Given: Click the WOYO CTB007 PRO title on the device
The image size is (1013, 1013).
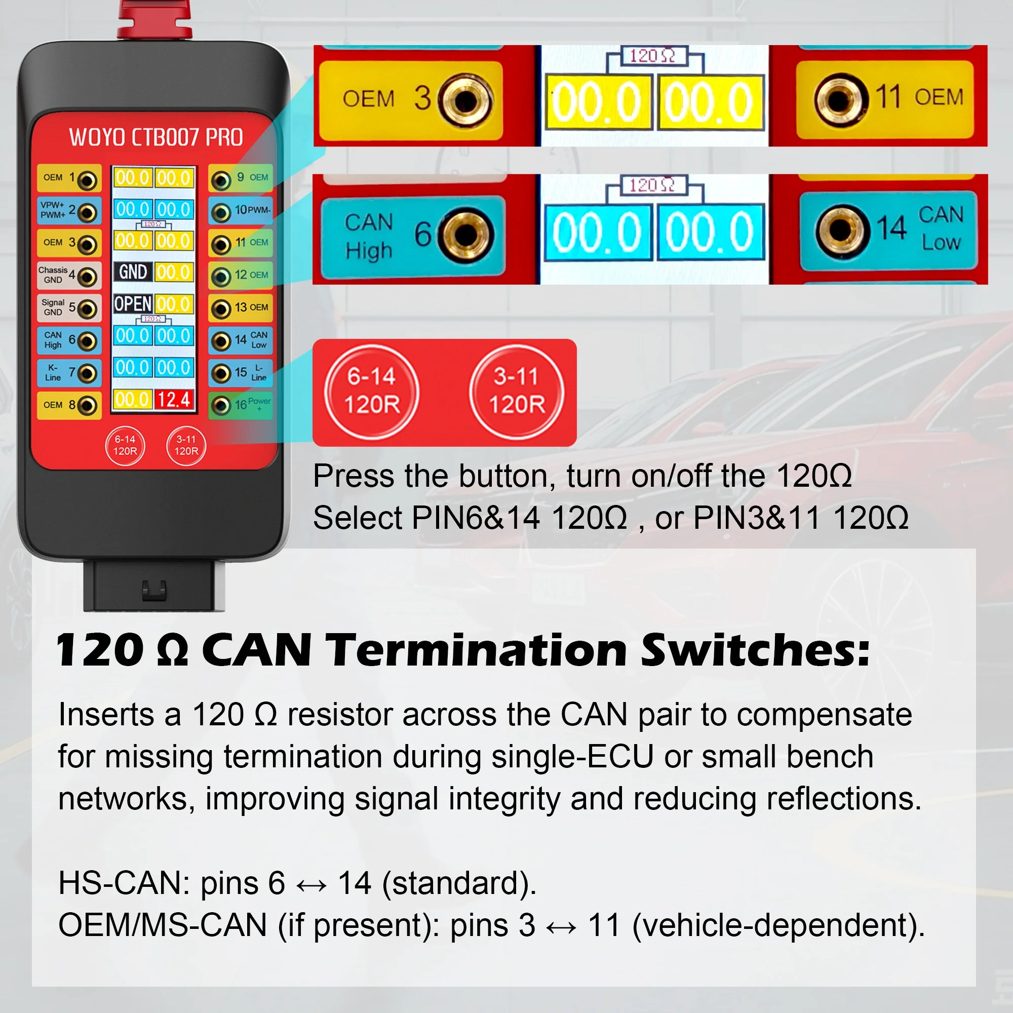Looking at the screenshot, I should click(155, 137).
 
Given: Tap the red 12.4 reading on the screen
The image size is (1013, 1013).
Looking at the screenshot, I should click(174, 400).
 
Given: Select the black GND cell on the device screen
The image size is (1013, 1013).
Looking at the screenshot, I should click(133, 272).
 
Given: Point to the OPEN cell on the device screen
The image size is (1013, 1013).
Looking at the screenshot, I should click(133, 303).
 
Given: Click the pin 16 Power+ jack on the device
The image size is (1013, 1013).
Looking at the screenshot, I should click(221, 405).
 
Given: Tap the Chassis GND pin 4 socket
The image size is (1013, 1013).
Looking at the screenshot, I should click(88, 277).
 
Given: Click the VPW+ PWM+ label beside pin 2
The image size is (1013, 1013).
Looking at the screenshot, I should click(53, 210).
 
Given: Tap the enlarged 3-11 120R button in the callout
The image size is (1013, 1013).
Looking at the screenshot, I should click(517, 391).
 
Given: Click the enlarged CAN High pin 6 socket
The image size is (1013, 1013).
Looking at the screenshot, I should click(465, 235).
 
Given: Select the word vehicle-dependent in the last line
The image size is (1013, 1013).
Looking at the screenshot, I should click(778, 925).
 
